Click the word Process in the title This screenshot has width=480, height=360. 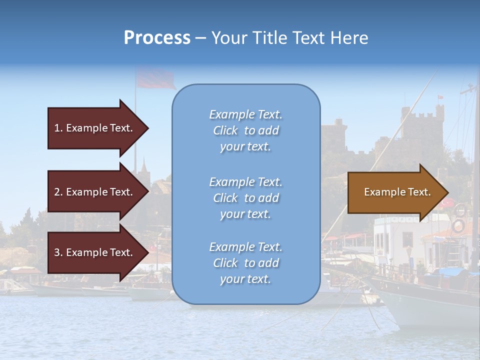coord(157,38)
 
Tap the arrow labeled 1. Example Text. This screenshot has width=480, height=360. coord(95,128)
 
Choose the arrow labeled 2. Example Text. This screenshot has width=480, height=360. coord(95,192)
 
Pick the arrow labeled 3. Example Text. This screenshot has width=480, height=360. coord(95,252)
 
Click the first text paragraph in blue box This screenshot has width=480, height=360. coord(245,130)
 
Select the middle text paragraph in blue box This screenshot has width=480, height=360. coord(245,198)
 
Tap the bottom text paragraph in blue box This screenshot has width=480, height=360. coord(245,263)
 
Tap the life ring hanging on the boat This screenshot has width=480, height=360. coord(458,226)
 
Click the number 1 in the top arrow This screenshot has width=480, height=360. coord(57,128)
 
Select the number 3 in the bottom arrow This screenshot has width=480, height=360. coord(57,252)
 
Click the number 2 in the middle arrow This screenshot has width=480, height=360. coord(57,192)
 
